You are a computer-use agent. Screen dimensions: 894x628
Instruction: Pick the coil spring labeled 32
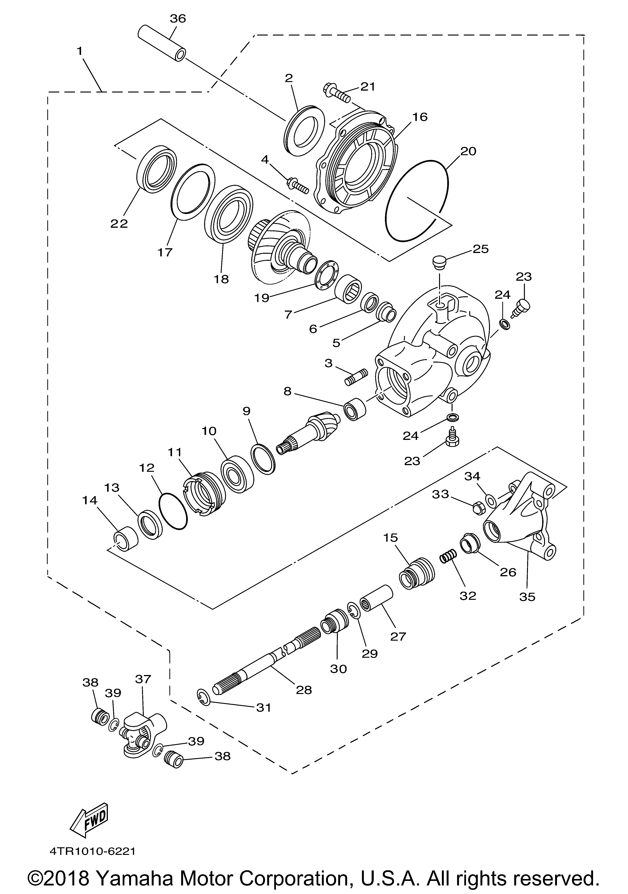[448, 556]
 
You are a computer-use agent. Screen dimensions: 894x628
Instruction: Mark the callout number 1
[80, 51]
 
